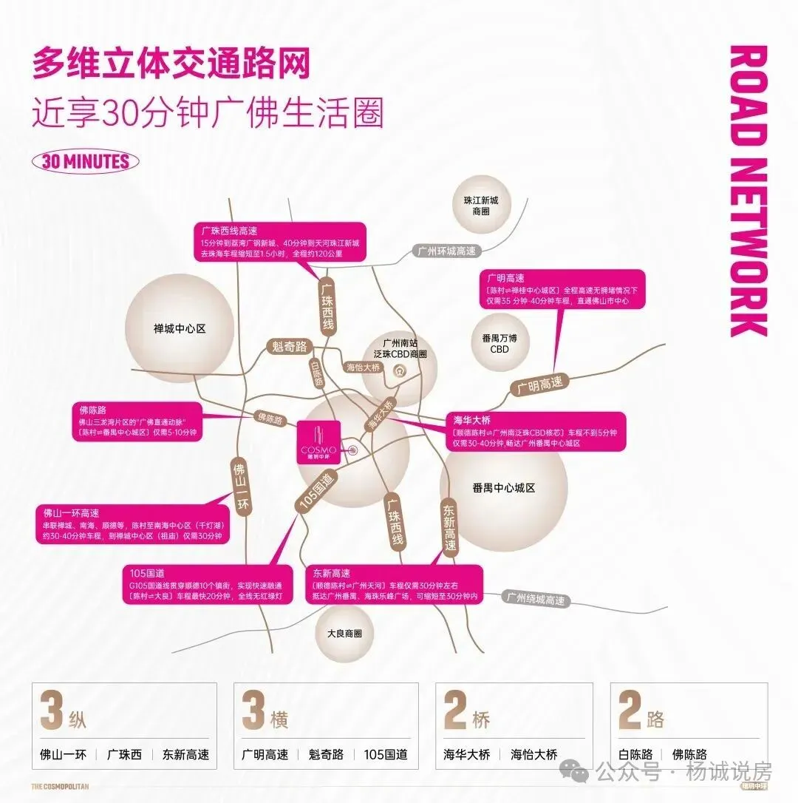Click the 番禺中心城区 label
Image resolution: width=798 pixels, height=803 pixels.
coord(503,488)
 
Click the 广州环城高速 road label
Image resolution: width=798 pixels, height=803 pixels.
coord(446,251)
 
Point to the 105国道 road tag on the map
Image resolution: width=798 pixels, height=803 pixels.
coord(317,492)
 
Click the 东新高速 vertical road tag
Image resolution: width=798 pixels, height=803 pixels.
coord(450,527)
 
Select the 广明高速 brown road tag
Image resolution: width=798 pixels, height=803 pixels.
coord(539,385)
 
